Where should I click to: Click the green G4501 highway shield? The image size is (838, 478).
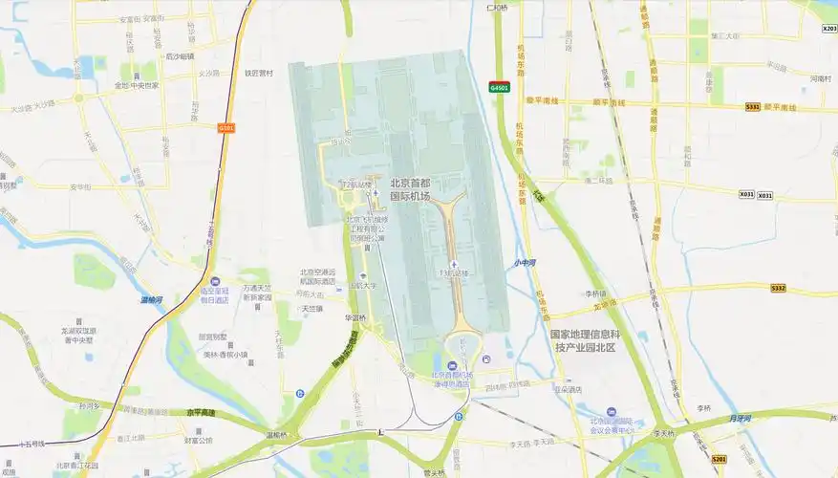point(499,87)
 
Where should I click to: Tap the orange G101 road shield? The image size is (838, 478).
point(226,127)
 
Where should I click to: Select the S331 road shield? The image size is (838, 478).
point(753,107)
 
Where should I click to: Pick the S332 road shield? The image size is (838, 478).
point(778,288)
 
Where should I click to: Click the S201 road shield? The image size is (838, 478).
point(719,459)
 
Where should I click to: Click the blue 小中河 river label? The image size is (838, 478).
point(524,262)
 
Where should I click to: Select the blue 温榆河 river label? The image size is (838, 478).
point(151,300)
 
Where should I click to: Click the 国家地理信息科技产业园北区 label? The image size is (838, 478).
point(586,341)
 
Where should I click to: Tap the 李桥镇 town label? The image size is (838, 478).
point(596,293)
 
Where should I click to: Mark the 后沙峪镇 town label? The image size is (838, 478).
point(180,55)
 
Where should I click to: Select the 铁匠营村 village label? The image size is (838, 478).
point(259,73)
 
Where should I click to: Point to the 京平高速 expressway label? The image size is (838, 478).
point(202,412)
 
